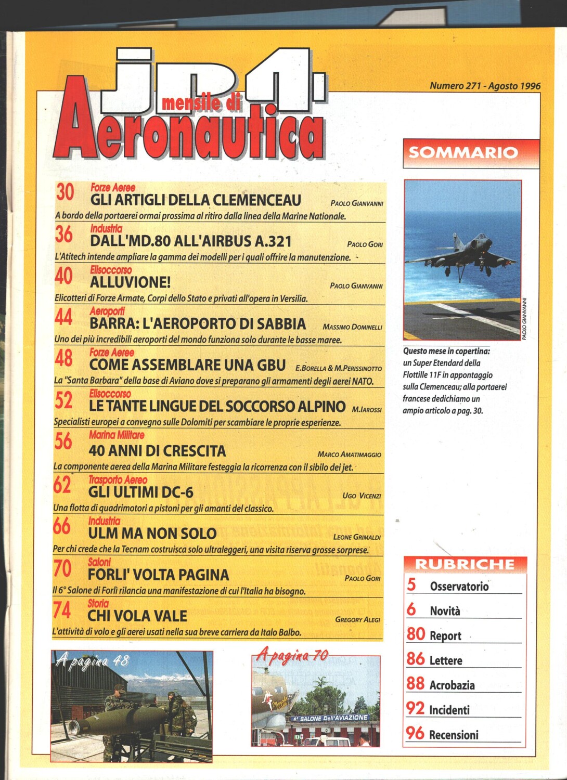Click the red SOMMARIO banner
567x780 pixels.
(x=463, y=152)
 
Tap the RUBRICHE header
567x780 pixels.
(x=465, y=564)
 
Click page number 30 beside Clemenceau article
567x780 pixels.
(x=65, y=192)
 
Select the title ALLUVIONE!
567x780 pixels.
(x=131, y=282)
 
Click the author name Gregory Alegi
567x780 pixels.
(x=357, y=619)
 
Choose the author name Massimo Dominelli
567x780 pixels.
(x=352, y=327)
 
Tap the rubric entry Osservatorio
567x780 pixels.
(x=459, y=587)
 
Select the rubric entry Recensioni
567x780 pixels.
(x=454, y=735)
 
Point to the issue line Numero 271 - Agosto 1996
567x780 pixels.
(x=485, y=86)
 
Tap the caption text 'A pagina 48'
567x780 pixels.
(x=93, y=661)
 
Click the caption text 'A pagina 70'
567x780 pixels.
(x=292, y=656)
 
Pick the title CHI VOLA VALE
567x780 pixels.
(x=137, y=616)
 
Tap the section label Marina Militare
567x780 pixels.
(x=117, y=435)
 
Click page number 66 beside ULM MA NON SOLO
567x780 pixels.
(x=61, y=526)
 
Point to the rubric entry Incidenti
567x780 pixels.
(x=449, y=710)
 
